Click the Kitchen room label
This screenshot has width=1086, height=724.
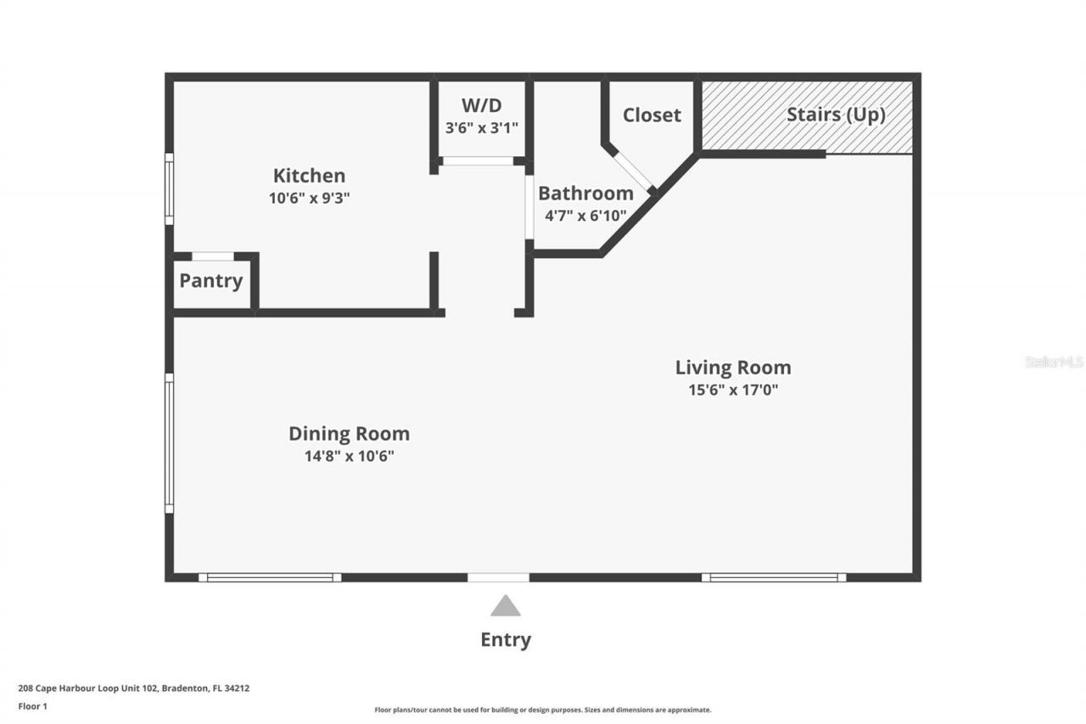coord(309,176)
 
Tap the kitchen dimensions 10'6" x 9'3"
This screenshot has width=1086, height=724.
coord(309,198)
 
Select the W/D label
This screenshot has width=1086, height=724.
coord(481,106)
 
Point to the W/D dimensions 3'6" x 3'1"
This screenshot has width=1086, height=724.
coord(481,127)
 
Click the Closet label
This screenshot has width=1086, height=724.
coord(652,115)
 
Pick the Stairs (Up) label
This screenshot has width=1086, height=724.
coord(836,115)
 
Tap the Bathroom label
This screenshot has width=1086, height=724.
coord(585,193)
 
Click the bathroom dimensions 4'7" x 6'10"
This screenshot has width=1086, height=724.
coord(585,215)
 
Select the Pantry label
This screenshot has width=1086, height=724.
coord(210,281)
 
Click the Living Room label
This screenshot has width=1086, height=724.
coord(733,368)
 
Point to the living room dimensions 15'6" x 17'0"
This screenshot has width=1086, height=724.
coord(733,390)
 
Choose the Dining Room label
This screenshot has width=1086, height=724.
coord(349,434)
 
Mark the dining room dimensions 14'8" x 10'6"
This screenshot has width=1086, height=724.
coord(349,456)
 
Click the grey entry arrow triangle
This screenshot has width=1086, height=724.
coord(506,606)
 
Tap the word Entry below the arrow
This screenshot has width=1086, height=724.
coord(506,640)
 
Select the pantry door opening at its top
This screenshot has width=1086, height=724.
coord(213,256)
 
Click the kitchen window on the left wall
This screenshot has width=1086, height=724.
coord(169,188)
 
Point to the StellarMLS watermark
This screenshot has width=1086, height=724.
coord(1054,362)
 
